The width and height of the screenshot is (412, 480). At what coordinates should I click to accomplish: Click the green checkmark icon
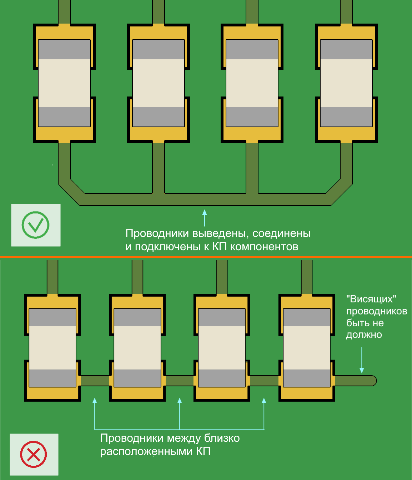[x=35, y=225]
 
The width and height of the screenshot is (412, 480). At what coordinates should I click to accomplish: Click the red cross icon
[x=34, y=455]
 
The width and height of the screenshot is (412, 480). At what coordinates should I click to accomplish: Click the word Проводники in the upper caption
[x=157, y=233]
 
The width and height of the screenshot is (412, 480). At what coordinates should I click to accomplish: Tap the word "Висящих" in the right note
[x=371, y=299]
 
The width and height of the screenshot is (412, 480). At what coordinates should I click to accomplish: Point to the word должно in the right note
[x=364, y=335]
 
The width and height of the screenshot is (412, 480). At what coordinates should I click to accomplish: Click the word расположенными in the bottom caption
[x=146, y=451]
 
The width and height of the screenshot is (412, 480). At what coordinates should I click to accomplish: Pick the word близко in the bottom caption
[x=222, y=438]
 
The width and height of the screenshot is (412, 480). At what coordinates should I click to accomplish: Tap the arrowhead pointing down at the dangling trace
[x=362, y=371]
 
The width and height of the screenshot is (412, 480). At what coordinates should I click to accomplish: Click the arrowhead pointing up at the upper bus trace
[x=205, y=212]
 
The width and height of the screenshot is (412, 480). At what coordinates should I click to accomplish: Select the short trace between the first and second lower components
[x=95, y=381]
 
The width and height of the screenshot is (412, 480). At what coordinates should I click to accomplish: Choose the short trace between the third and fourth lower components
[x=264, y=381]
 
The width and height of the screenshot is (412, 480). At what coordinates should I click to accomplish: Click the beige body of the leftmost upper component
[x=64, y=83]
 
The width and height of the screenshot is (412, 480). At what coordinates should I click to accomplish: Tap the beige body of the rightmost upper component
[x=346, y=83]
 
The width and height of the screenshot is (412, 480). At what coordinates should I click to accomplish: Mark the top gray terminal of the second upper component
[x=159, y=49]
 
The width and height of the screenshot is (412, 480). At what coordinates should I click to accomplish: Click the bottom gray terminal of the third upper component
[x=252, y=117]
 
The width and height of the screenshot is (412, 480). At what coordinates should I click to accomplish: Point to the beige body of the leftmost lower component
[x=52, y=347]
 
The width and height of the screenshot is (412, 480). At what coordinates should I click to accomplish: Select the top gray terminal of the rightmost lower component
[x=307, y=317]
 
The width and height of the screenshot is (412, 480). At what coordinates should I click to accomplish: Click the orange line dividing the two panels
[x=206, y=257]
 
